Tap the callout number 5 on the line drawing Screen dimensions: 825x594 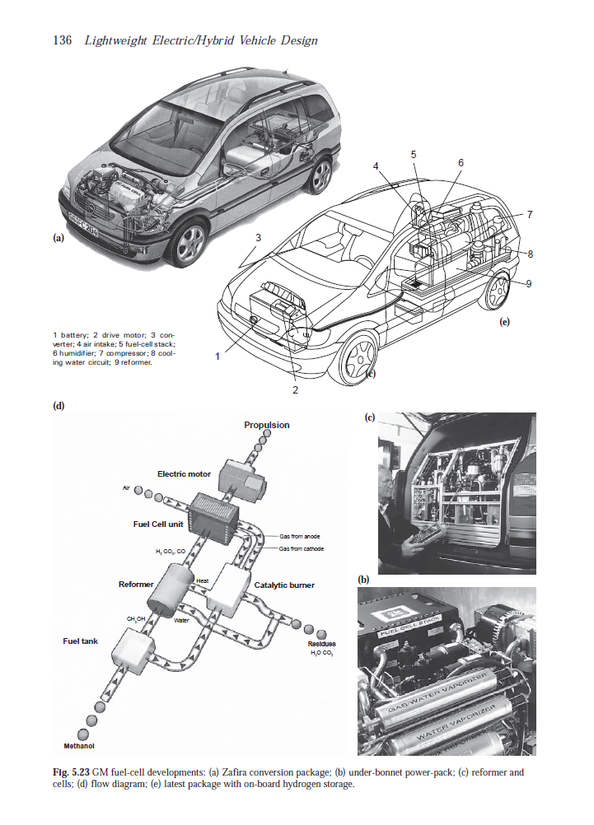(x=414, y=154)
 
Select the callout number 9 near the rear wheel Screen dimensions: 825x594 (x=528, y=283)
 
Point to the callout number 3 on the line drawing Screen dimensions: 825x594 (x=258, y=238)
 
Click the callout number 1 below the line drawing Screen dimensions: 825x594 (x=217, y=357)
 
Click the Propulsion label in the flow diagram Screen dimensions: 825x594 (x=266, y=425)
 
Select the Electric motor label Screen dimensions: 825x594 (x=184, y=474)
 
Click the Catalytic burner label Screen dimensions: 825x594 (x=284, y=585)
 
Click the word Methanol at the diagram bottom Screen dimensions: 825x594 (x=80, y=746)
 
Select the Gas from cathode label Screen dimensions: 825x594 (x=301, y=548)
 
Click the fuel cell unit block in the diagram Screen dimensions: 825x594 (x=213, y=515)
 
